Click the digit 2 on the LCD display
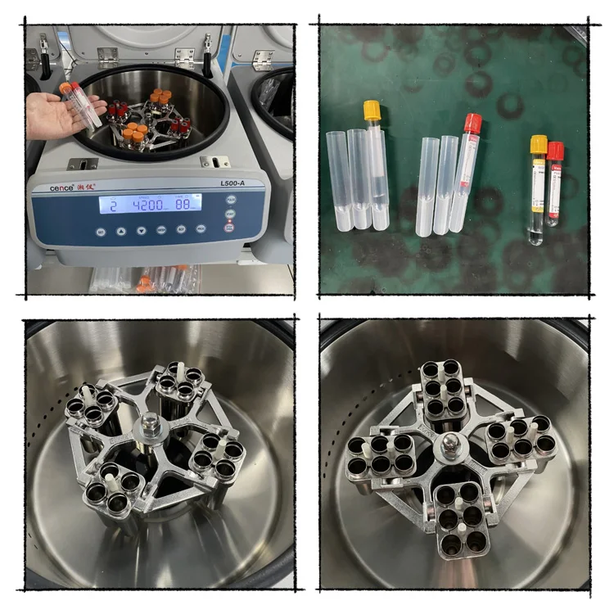[113, 205]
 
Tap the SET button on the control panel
[229, 210]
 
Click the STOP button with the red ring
[229, 223]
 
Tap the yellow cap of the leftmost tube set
[372, 108]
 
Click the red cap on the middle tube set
[472, 123]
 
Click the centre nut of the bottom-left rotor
[150, 424]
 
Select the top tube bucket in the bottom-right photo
[441, 388]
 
